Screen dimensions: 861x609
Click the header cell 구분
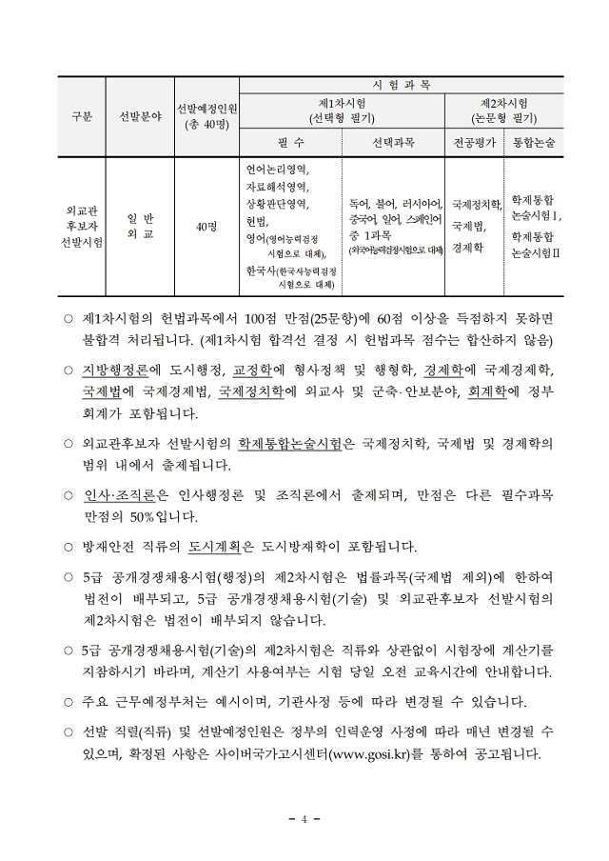click(x=82, y=117)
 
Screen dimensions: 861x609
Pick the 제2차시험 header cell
click(x=504, y=110)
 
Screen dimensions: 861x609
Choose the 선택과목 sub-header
click(x=391, y=142)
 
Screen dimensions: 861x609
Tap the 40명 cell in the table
click(x=206, y=226)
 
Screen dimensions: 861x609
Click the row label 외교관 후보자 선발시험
click(x=82, y=226)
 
